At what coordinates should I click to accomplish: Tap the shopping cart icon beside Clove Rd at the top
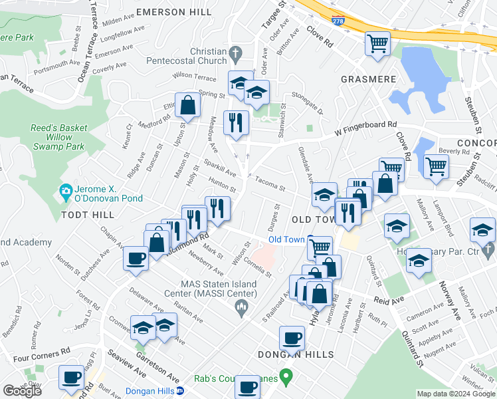click(377, 44)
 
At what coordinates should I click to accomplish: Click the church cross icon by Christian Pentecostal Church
click(235, 52)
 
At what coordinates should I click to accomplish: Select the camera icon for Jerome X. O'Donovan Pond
click(66, 192)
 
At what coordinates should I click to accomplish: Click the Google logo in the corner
click(22, 391)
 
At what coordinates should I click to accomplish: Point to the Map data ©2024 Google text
click(456, 394)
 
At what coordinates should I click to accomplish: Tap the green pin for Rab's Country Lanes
click(286, 379)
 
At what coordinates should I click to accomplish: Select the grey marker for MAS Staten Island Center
click(241, 306)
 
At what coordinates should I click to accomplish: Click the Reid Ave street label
click(390, 301)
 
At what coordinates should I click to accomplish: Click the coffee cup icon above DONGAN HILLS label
click(292, 338)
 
